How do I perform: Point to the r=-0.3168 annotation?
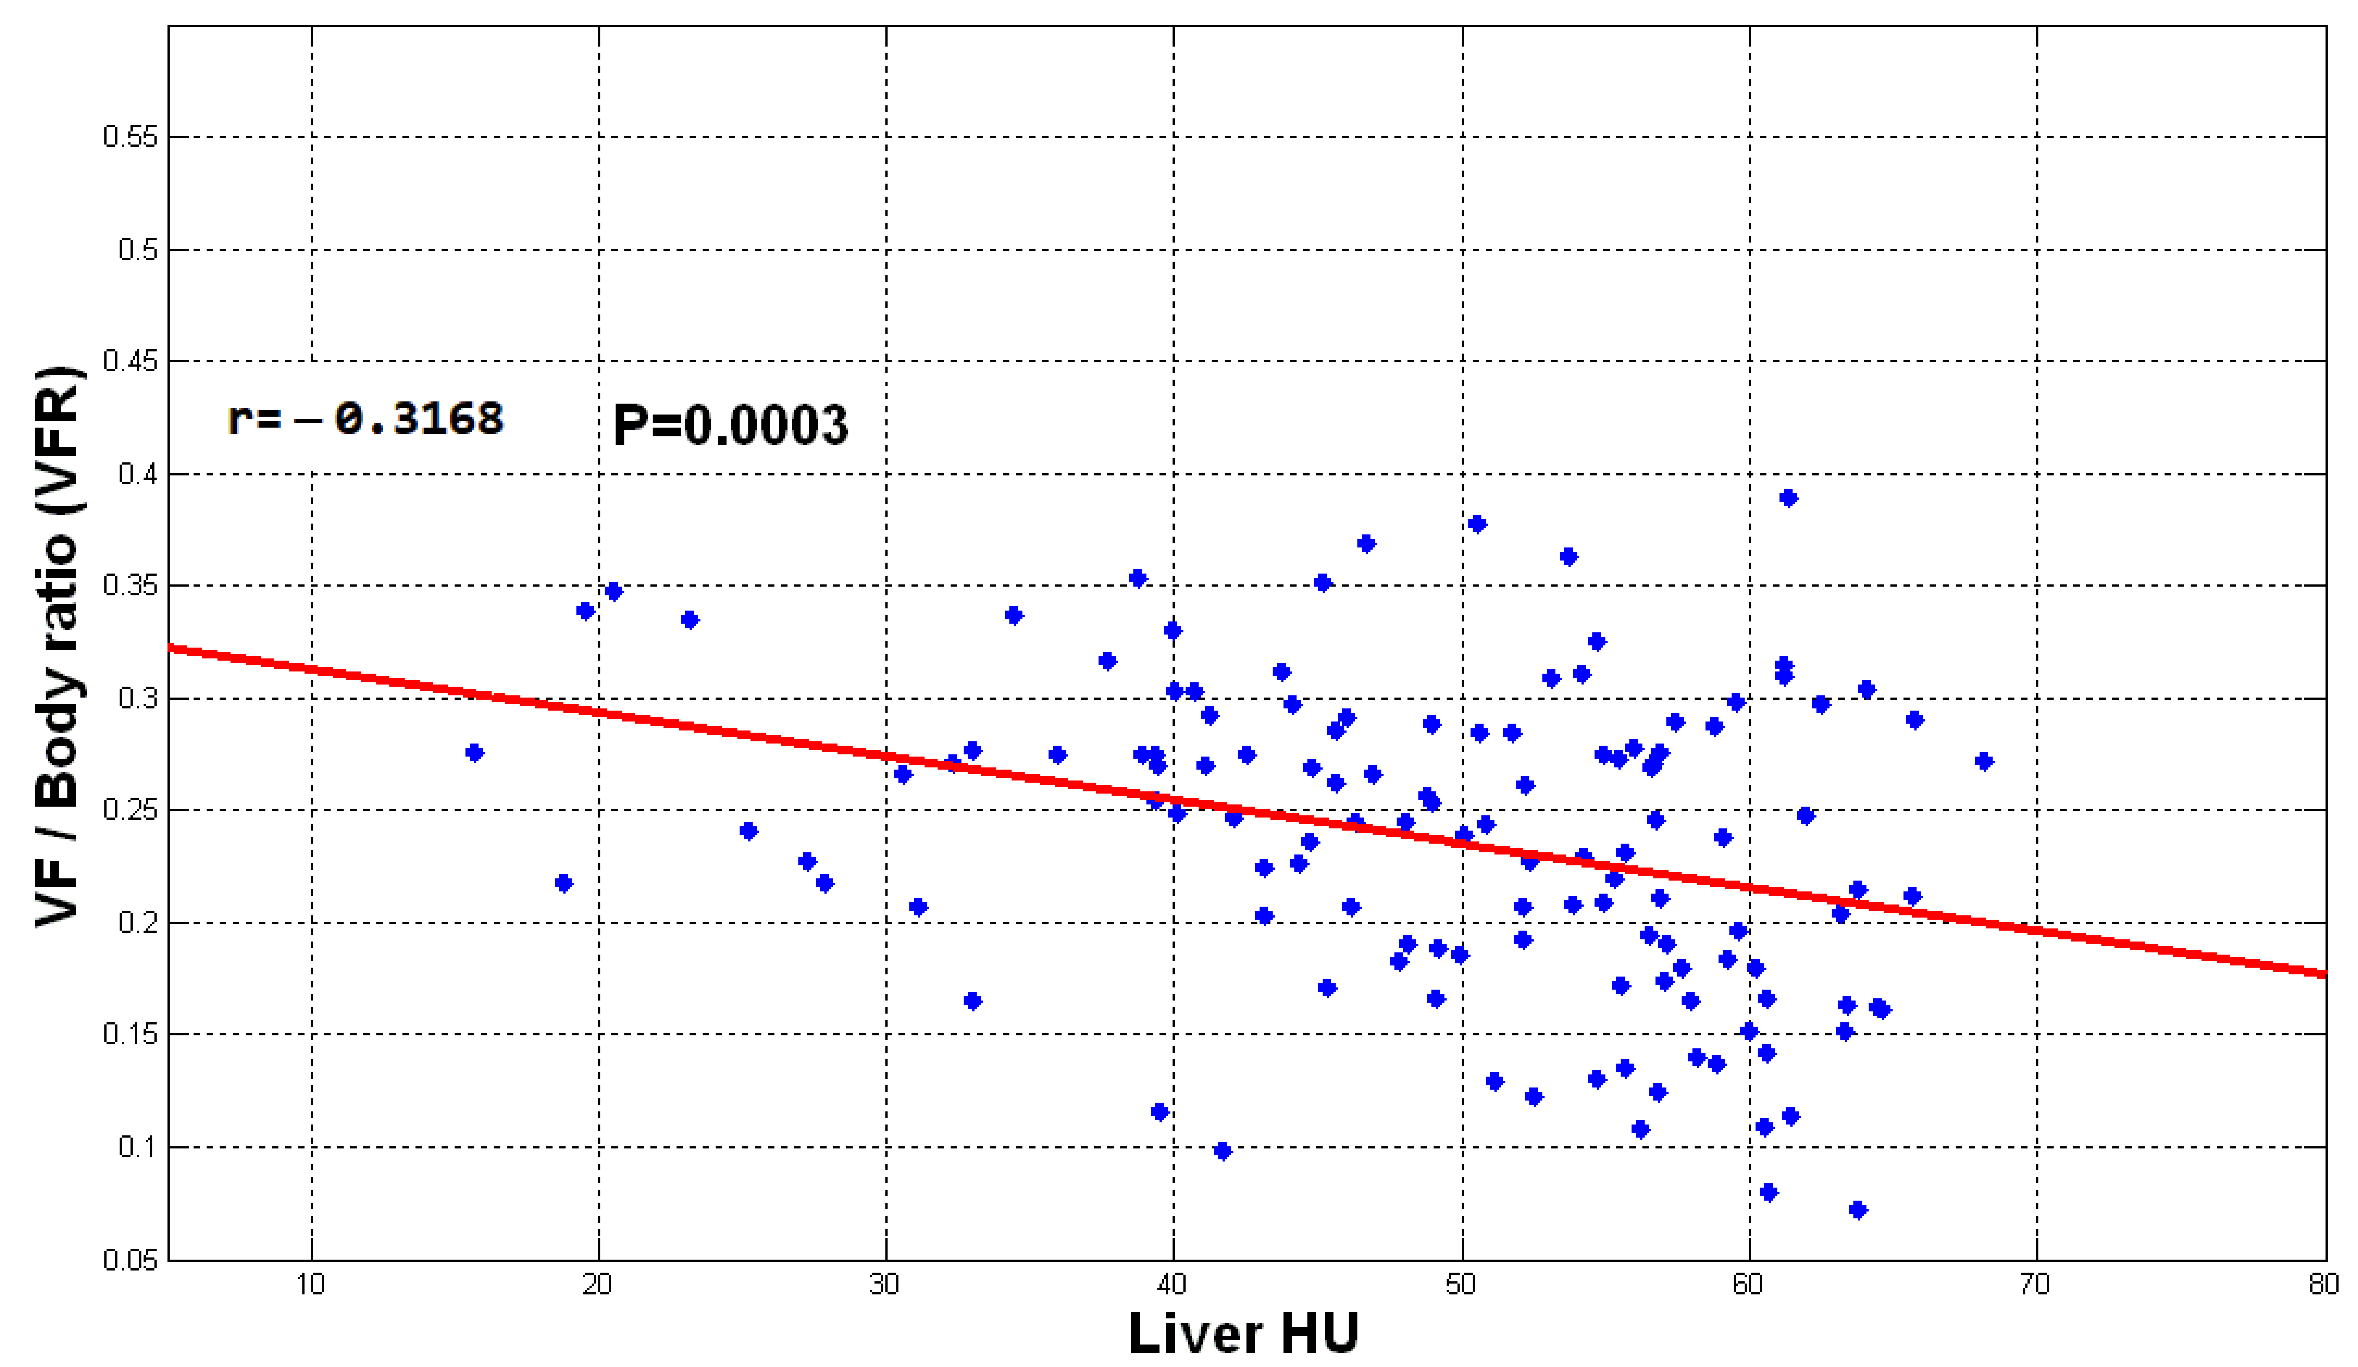365,418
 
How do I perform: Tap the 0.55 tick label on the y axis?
130,138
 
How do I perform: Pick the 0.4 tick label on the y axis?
137,474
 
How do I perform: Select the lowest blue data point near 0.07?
1858,1210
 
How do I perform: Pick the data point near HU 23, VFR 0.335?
690,619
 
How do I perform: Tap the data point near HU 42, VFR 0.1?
1222,1151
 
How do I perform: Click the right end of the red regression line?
2322,974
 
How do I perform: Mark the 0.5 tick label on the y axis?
137,250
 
